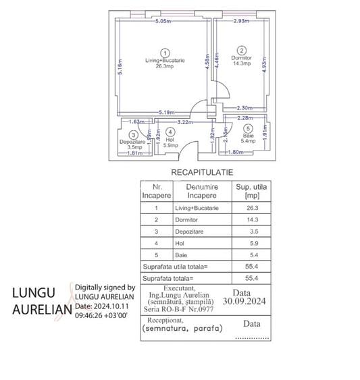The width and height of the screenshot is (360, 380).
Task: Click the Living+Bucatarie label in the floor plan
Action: (165, 61)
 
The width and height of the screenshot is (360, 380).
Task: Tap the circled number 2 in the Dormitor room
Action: (242, 50)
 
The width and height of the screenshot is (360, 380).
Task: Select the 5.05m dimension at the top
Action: (162, 21)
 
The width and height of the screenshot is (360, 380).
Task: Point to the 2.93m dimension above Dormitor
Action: (242, 21)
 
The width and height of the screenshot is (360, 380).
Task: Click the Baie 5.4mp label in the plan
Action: (248, 138)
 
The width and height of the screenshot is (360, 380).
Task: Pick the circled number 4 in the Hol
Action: (171, 132)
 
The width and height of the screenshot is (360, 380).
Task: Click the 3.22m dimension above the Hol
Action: (177, 121)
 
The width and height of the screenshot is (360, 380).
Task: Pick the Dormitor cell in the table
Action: (185, 220)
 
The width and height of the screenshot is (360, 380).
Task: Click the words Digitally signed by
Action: (105, 287)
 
